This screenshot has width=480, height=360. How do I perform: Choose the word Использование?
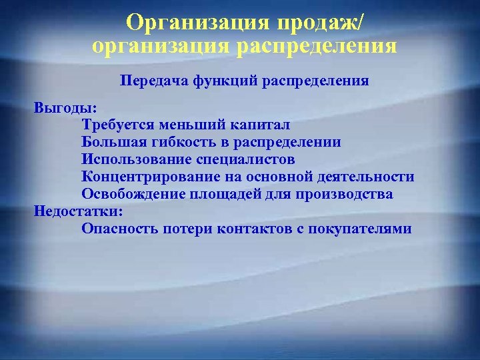135,159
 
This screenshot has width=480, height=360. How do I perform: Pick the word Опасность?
119,229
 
